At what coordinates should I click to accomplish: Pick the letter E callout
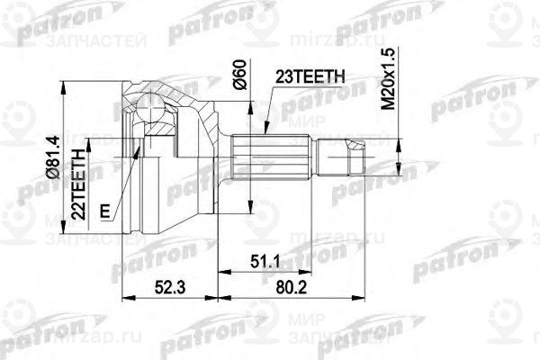click(x=106, y=211)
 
